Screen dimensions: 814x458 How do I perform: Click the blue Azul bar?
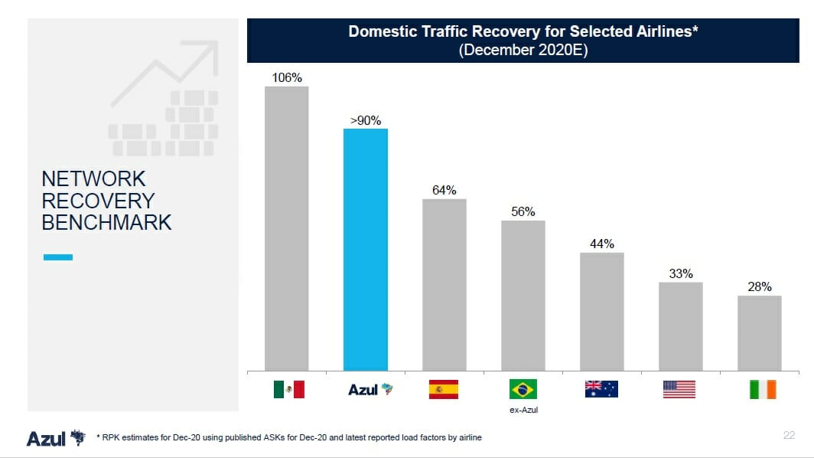pyautogui.click(x=366, y=250)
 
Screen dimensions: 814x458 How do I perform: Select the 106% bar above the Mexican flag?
pyautogui.click(x=287, y=228)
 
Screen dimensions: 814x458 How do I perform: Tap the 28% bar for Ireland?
pyautogui.click(x=760, y=333)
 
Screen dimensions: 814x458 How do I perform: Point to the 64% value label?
pyautogui.click(x=444, y=190)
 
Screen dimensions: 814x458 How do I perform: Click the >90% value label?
pyautogui.click(x=366, y=120)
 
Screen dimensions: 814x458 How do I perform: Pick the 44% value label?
pyautogui.click(x=602, y=244)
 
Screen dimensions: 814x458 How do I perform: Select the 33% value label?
pyautogui.click(x=681, y=273)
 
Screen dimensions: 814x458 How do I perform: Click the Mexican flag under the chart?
pyautogui.click(x=289, y=389)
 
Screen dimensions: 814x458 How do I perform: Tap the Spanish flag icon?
pyautogui.click(x=444, y=389)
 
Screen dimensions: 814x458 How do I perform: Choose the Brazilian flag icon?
pyautogui.click(x=523, y=389)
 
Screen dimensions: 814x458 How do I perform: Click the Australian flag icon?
pyautogui.click(x=601, y=389)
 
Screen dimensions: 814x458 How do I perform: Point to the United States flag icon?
pyautogui.click(x=679, y=389)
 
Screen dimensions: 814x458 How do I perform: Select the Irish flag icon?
pyautogui.click(x=764, y=389)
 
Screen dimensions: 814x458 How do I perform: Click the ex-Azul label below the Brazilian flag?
pyautogui.click(x=524, y=410)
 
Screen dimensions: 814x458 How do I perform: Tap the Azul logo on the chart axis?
pyautogui.click(x=370, y=389)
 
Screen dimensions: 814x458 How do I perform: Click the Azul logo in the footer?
pyautogui.click(x=56, y=438)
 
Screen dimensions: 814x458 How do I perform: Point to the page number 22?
pyautogui.click(x=789, y=435)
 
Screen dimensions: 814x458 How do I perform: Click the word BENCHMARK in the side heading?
pyautogui.click(x=106, y=223)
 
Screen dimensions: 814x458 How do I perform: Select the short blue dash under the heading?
pyautogui.click(x=58, y=257)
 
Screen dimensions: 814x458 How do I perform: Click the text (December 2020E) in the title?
pyautogui.click(x=523, y=50)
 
